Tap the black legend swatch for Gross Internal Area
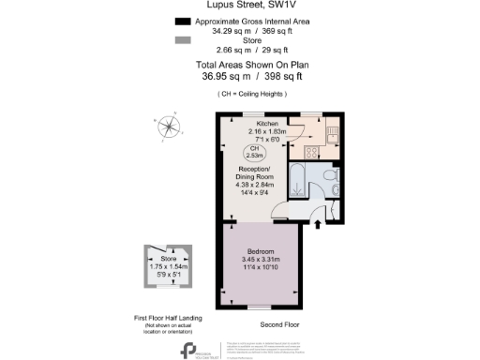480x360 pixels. [x=180, y=20]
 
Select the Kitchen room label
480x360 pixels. [x=268, y=124]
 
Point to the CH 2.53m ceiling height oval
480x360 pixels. [x=254, y=153]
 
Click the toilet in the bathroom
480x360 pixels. [x=325, y=177]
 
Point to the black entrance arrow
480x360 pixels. [x=316, y=224]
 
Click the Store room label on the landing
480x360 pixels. [x=168, y=258]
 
